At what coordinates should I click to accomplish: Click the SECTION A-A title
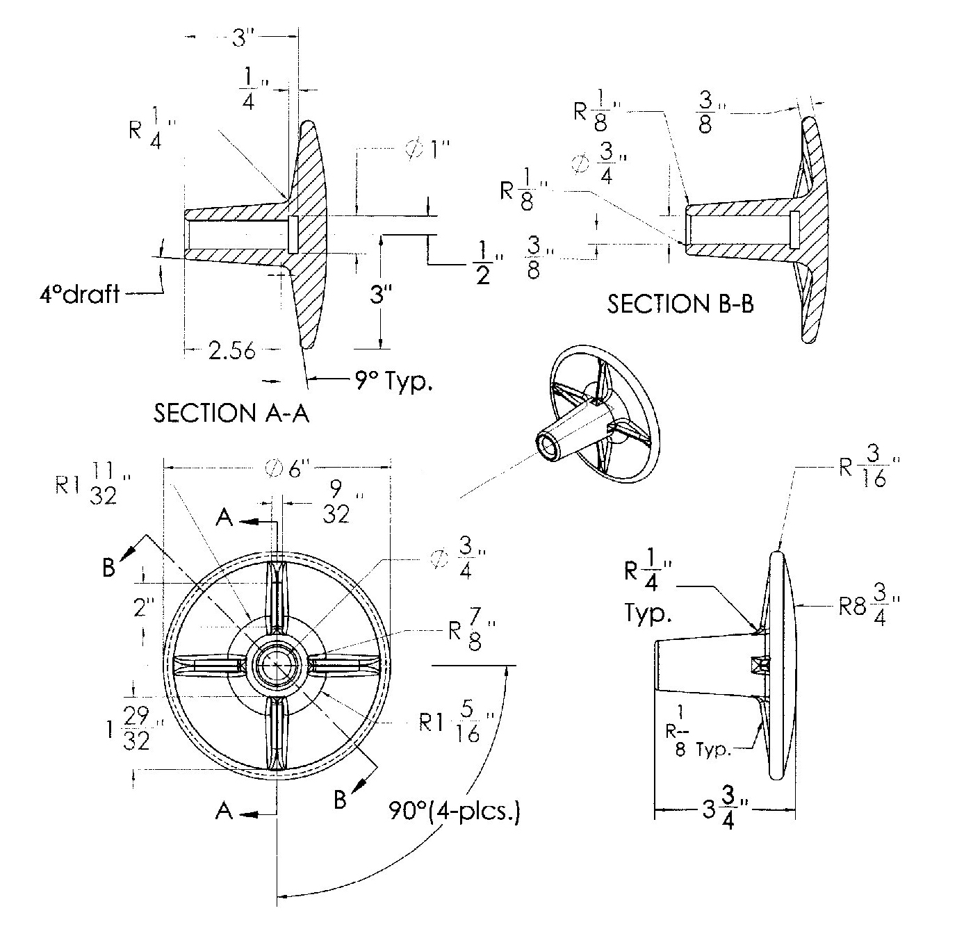pyautogui.click(x=231, y=413)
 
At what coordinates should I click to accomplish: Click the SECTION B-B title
pyautogui.click(x=680, y=304)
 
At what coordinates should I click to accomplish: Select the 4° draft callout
pyautogui.click(x=79, y=294)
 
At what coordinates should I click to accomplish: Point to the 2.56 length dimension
pyautogui.click(x=232, y=351)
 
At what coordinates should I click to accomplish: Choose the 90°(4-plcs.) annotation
pyautogui.click(x=455, y=812)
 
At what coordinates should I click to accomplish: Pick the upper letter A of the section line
pyautogui.click(x=224, y=518)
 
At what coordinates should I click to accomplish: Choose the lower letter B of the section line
pyautogui.click(x=340, y=800)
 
